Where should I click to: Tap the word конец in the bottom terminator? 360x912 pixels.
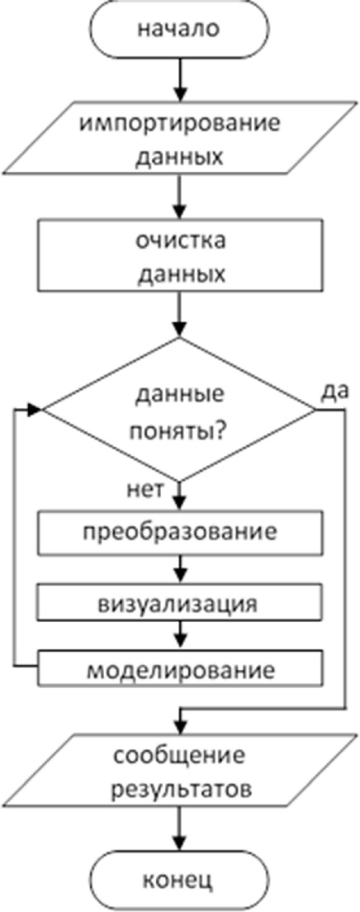pyautogui.click(x=179, y=880)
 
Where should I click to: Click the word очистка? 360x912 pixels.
pyautogui.click(x=179, y=242)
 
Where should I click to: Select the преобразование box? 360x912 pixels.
pyautogui.click(x=180, y=533)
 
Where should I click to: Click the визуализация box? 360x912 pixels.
pyautogui.click(x=180, y=604)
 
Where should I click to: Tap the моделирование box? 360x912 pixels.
pyautogui.click(x=180, y=669)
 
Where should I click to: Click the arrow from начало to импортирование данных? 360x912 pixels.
pyautogui.click(x=180, y=79)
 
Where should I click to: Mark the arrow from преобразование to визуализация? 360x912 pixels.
pyautogui.click(x=180, y=569)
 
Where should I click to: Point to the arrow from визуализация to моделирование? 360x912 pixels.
pyautogui.click(x=180, y=637)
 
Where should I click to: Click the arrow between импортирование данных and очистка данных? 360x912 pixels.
pyautogui.click(x=180, y=195)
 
